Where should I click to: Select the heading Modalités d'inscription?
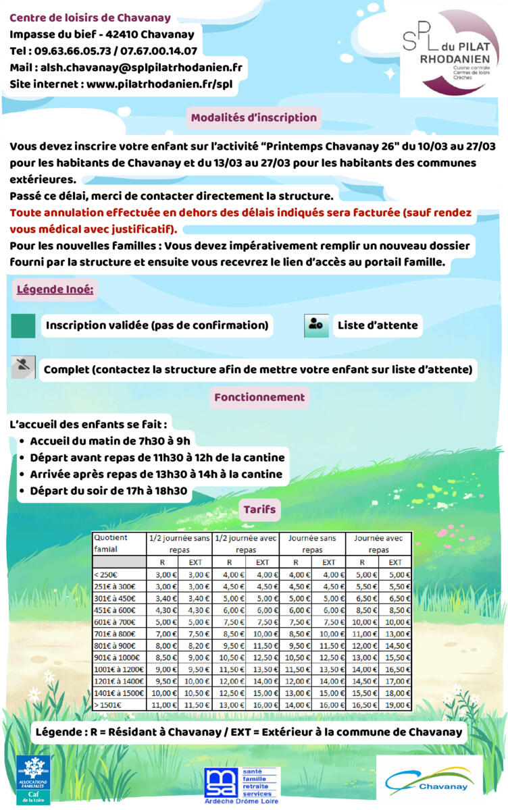253,117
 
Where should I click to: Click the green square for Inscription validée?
23,325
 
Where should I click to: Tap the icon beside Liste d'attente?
316,325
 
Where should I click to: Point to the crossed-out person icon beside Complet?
23,369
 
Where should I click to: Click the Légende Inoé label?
55,291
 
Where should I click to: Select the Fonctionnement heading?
259,397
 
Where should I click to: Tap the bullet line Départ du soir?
108,491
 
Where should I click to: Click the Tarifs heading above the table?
259,509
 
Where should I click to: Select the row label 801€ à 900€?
114,645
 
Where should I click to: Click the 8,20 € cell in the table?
195,645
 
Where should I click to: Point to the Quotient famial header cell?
118,543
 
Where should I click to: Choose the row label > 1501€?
108,705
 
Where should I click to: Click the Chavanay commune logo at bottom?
430,780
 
